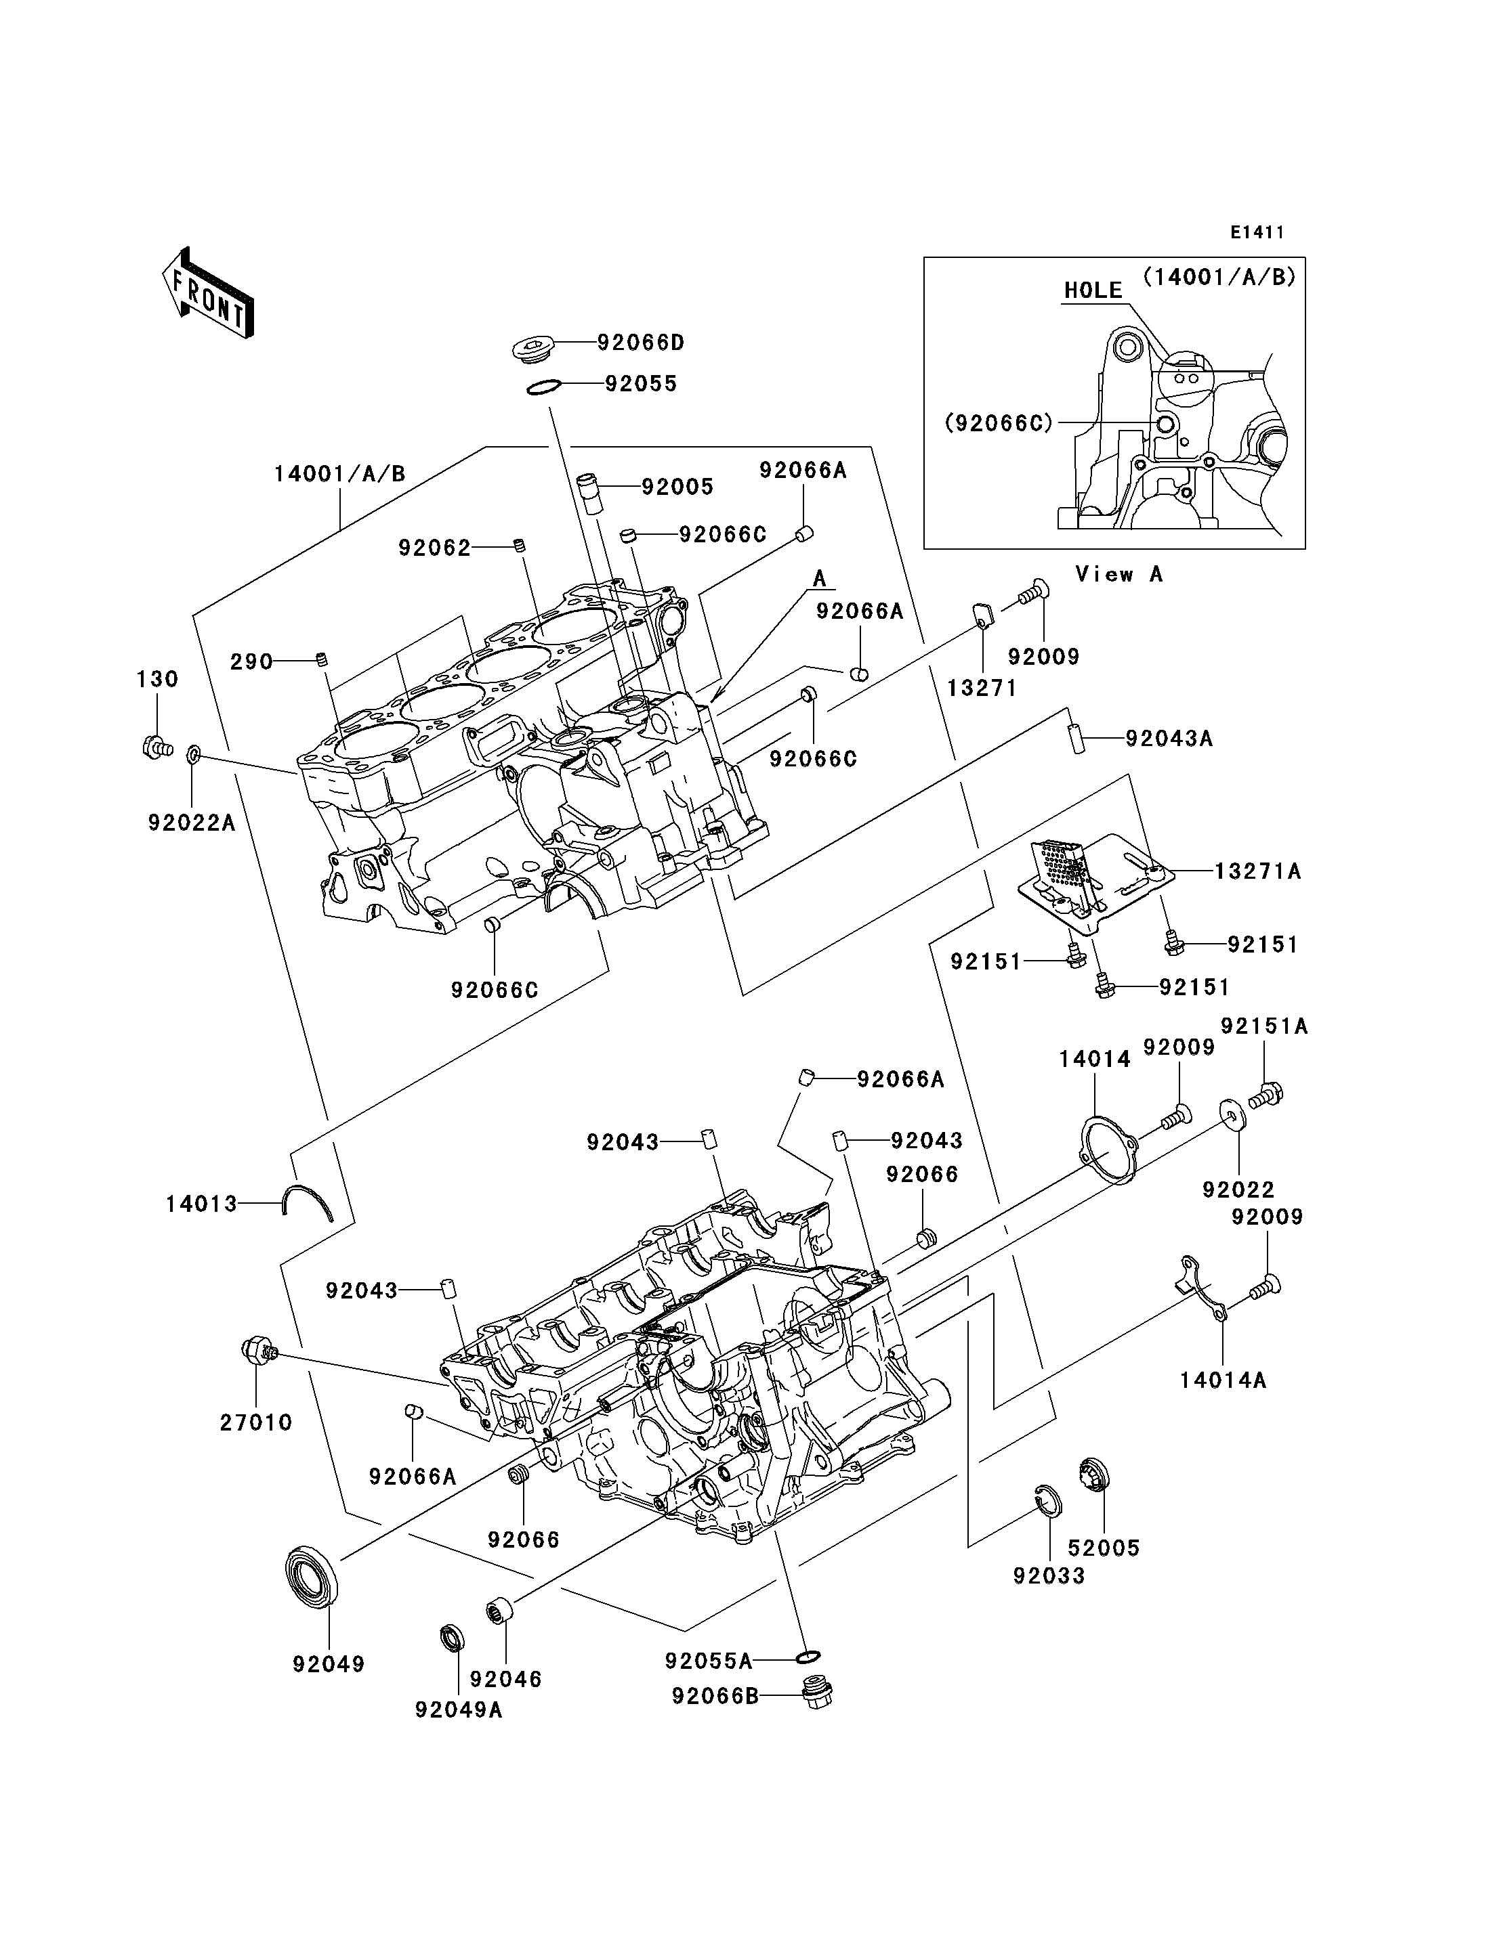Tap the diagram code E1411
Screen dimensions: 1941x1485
pos(1257,232)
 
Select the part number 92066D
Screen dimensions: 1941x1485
pos(641,343)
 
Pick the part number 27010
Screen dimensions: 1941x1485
pos(256,1422)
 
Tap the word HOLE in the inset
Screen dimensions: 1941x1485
pos(1093,290)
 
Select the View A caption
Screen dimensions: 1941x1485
pos(1118,574)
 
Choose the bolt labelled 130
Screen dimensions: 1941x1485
pos(156,747)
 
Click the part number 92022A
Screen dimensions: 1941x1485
pos(192,823)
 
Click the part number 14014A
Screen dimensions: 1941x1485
pos(1222,1380)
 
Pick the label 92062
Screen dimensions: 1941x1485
pos(434,548)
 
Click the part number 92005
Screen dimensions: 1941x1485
pos(677,487)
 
